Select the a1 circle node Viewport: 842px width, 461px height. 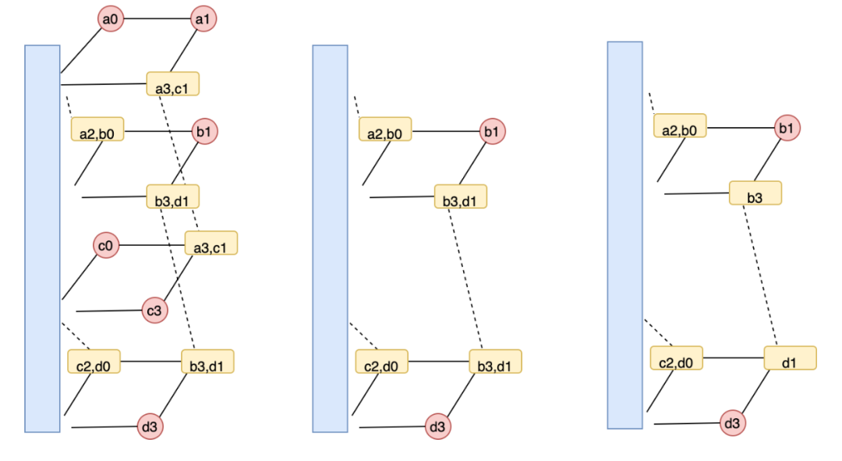point(203,18)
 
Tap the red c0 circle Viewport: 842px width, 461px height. point(107,246)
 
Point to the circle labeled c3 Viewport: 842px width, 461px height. point(154,310)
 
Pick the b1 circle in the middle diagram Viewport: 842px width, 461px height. point(492,131)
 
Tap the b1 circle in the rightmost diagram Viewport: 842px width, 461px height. point(787,127)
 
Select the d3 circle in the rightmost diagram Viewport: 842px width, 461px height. point(731,423)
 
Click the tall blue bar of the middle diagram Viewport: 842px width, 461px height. point(330,238)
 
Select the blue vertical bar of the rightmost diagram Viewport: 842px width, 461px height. point(624,235)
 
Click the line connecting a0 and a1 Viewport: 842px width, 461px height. point(157,18)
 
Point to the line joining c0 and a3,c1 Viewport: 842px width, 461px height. point(151,246)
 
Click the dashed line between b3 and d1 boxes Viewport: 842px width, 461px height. point(762,273)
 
